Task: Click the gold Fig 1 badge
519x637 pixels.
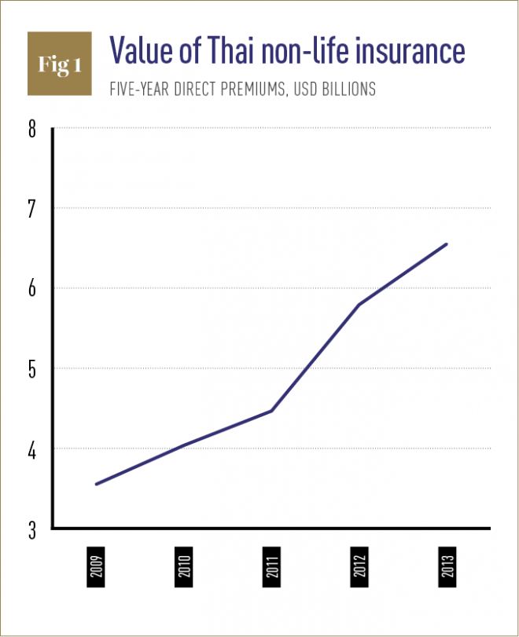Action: click(60, 65)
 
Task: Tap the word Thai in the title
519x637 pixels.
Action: click(237, 51)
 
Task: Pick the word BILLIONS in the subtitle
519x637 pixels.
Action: click(346, 90)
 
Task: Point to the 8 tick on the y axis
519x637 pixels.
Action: click(32, 128)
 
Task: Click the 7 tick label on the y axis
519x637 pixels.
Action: click(32, 208)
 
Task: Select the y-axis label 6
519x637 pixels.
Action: click(32, 288)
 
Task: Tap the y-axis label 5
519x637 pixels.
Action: click(32, 368)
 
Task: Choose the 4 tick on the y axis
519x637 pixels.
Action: click(32, 448)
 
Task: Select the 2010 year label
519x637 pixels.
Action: click(184, 567)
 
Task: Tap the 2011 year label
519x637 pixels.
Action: click(271, 567)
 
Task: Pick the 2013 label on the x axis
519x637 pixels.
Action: click(447, 567)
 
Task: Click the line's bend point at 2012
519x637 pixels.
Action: click(359, 305)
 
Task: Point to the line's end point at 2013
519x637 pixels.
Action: click(446, 244)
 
